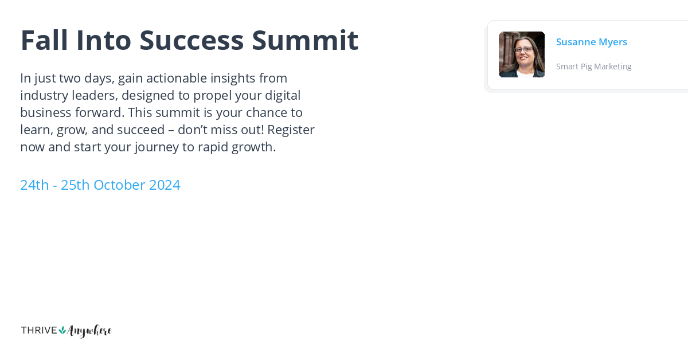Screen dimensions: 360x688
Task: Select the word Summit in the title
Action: tap(305, 40)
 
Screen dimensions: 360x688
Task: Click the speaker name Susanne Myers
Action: tap(591, 42)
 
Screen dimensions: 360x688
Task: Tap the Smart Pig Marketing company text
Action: tap(593, 66)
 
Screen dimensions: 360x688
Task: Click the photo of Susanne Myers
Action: tap(522, 54)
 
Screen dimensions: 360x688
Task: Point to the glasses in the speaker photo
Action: tap(523, 49)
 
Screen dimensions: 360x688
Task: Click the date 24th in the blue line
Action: tap(34, 185)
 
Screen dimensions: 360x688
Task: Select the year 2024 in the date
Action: tap(165, 185)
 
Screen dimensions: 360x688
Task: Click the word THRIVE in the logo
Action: tap(39, 330)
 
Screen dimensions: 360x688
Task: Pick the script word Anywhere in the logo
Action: tap(89, 331)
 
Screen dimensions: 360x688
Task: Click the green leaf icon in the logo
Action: tap(62, 330)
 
